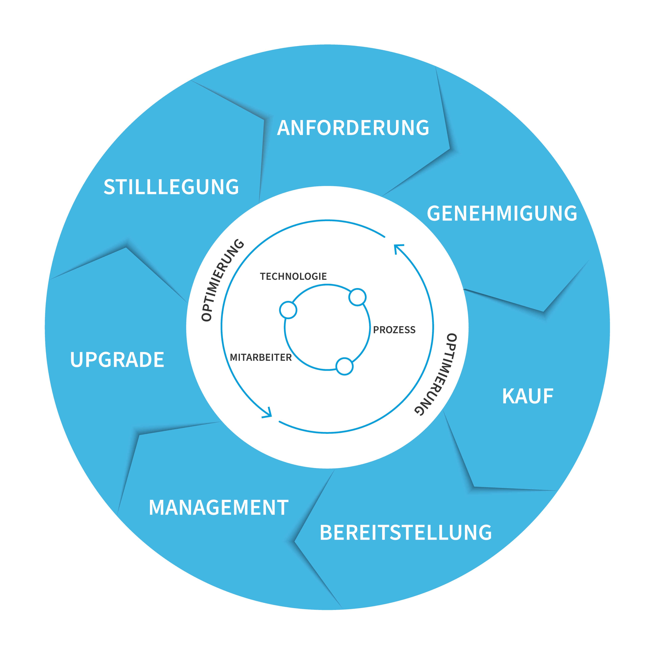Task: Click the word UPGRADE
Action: pos(117,360)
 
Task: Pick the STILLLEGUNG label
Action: pos(171,187)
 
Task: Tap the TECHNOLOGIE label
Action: pos(293,276)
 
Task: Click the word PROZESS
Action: pos(394,330)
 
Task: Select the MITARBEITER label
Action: pos(261,358)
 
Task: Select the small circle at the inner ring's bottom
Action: pos(344,366)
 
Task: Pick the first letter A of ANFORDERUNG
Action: pos(284,128)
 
